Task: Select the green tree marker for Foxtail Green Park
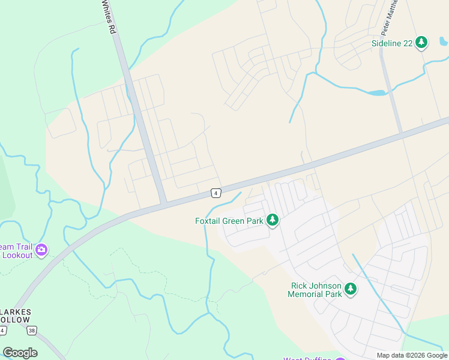pos(273,220)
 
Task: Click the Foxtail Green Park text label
pos(229,221)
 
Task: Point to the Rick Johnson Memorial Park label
pos(316,290)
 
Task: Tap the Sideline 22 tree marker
pos(422,42)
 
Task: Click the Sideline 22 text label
pos(392,43)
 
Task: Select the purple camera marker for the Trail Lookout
pos(41,250)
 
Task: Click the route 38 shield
pos(32,330)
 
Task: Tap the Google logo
pos(20,353)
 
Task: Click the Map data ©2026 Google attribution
pos(412,355)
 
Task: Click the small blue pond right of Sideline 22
pos(443,41)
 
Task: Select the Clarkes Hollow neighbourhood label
pos(14,316)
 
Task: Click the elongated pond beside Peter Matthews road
pos(376,93)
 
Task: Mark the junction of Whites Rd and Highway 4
pos(163,203)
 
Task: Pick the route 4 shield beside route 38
pos(3,331)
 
